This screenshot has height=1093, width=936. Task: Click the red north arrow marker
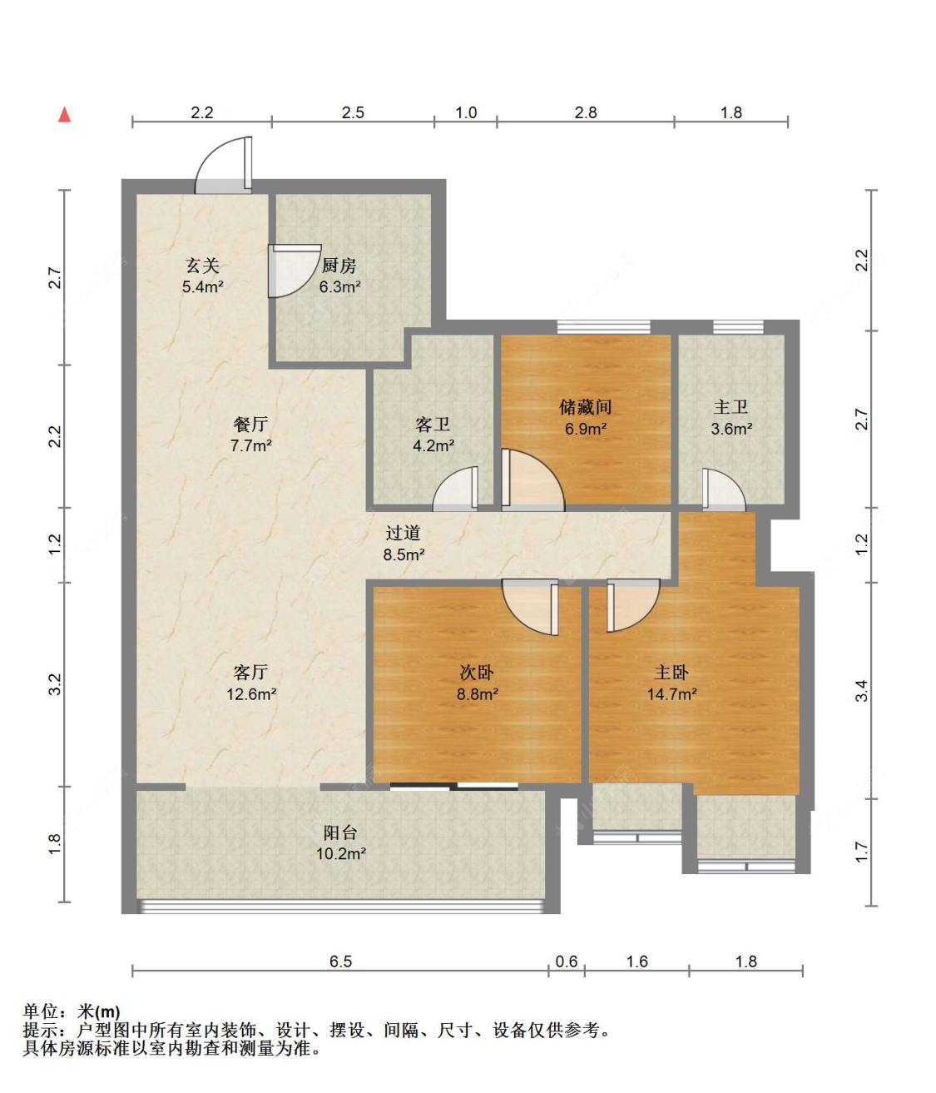64,114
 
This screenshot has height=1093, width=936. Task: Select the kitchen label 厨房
339,265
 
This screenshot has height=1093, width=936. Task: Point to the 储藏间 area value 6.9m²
586,429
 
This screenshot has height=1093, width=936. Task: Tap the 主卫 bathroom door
724,489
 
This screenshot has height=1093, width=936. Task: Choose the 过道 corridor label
403,533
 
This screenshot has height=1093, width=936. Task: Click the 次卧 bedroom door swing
530,607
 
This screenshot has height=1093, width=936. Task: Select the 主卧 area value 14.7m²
671,693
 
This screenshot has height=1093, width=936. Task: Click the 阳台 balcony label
340,832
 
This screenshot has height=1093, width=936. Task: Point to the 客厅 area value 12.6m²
251,693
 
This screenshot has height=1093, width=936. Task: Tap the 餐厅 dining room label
250,424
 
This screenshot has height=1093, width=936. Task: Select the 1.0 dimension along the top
466,112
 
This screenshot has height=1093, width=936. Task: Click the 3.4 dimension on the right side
861,691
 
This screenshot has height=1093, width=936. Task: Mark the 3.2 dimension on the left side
55,684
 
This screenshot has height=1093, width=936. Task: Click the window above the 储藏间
603,327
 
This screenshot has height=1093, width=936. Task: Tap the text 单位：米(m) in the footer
72,1011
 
